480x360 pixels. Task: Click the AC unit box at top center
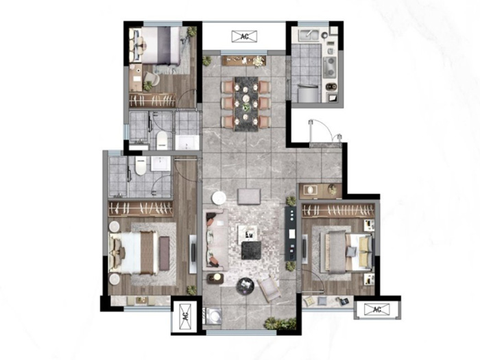coord(244,36)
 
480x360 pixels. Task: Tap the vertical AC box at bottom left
coord(184,316)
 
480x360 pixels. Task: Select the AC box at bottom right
coord(377,309)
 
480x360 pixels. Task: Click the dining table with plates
coord(246,104)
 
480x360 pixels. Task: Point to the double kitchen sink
coord(309,35)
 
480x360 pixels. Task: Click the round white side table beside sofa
coord(219,197)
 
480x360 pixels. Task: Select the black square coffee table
coord(251,250)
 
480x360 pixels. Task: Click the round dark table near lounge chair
coord(245,286)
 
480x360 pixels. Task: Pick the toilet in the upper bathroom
coord(162,141)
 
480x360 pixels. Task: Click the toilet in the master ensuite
coord(141,166)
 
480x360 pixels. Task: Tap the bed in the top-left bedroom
coord(158,45)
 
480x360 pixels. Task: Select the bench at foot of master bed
coord(164,254)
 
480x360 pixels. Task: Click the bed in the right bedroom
coord(346,252)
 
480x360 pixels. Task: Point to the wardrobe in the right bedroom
coord(338,211)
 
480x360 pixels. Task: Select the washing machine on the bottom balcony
coord(214,315)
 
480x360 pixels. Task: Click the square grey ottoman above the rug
coord(249,196)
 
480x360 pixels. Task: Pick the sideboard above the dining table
coord(244,60)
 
